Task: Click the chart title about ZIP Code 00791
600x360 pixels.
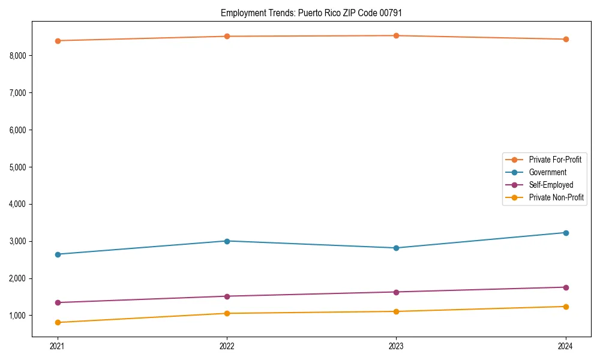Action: point(311,13)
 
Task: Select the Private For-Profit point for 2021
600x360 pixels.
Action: point(58,41)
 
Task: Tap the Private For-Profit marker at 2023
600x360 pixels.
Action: point(396,36)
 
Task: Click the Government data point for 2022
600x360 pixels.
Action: point(227,241)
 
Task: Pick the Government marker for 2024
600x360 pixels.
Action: point(565,233)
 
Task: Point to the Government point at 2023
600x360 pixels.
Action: point(396,248)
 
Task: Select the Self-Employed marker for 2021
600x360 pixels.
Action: point(58,302)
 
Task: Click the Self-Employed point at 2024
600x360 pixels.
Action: point(565,287)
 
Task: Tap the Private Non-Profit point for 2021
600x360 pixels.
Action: point(58,323)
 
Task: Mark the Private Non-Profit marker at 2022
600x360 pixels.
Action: point(227,313)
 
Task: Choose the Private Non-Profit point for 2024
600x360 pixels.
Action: point(565,307)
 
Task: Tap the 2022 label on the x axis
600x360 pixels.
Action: point(227,346)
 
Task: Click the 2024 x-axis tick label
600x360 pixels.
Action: point(565,346)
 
